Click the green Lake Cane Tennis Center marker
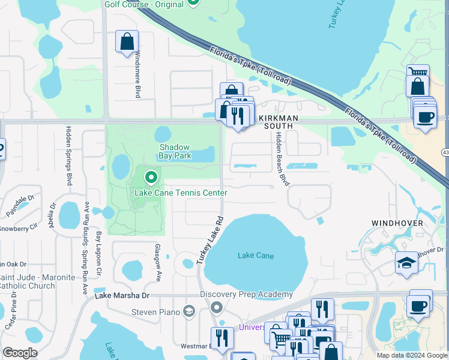pos(151,178)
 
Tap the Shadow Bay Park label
pos(174,151)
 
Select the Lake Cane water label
pos(256,256)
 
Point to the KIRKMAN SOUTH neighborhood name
pos(276,122)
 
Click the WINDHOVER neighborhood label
pos(397,223)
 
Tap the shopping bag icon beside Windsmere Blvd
pos(127,43)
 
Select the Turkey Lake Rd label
pos(209,240)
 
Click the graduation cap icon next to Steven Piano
pos(189,311)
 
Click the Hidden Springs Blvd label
pos(70,155)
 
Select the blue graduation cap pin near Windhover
pos(406,262)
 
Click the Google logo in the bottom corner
pos(20,352)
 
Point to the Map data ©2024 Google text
pos(412,355)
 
